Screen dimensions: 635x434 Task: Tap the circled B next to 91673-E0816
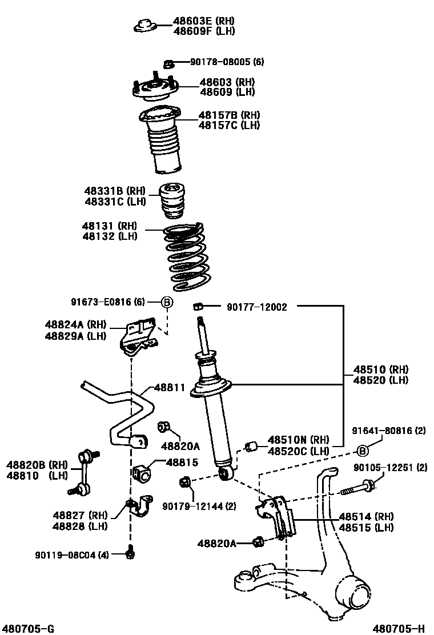[167, 303]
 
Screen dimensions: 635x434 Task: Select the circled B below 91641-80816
[362, 451]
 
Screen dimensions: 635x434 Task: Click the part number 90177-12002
[256, 307]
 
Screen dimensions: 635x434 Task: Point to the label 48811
[169, 387]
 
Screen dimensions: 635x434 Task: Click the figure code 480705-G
[28, 628]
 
